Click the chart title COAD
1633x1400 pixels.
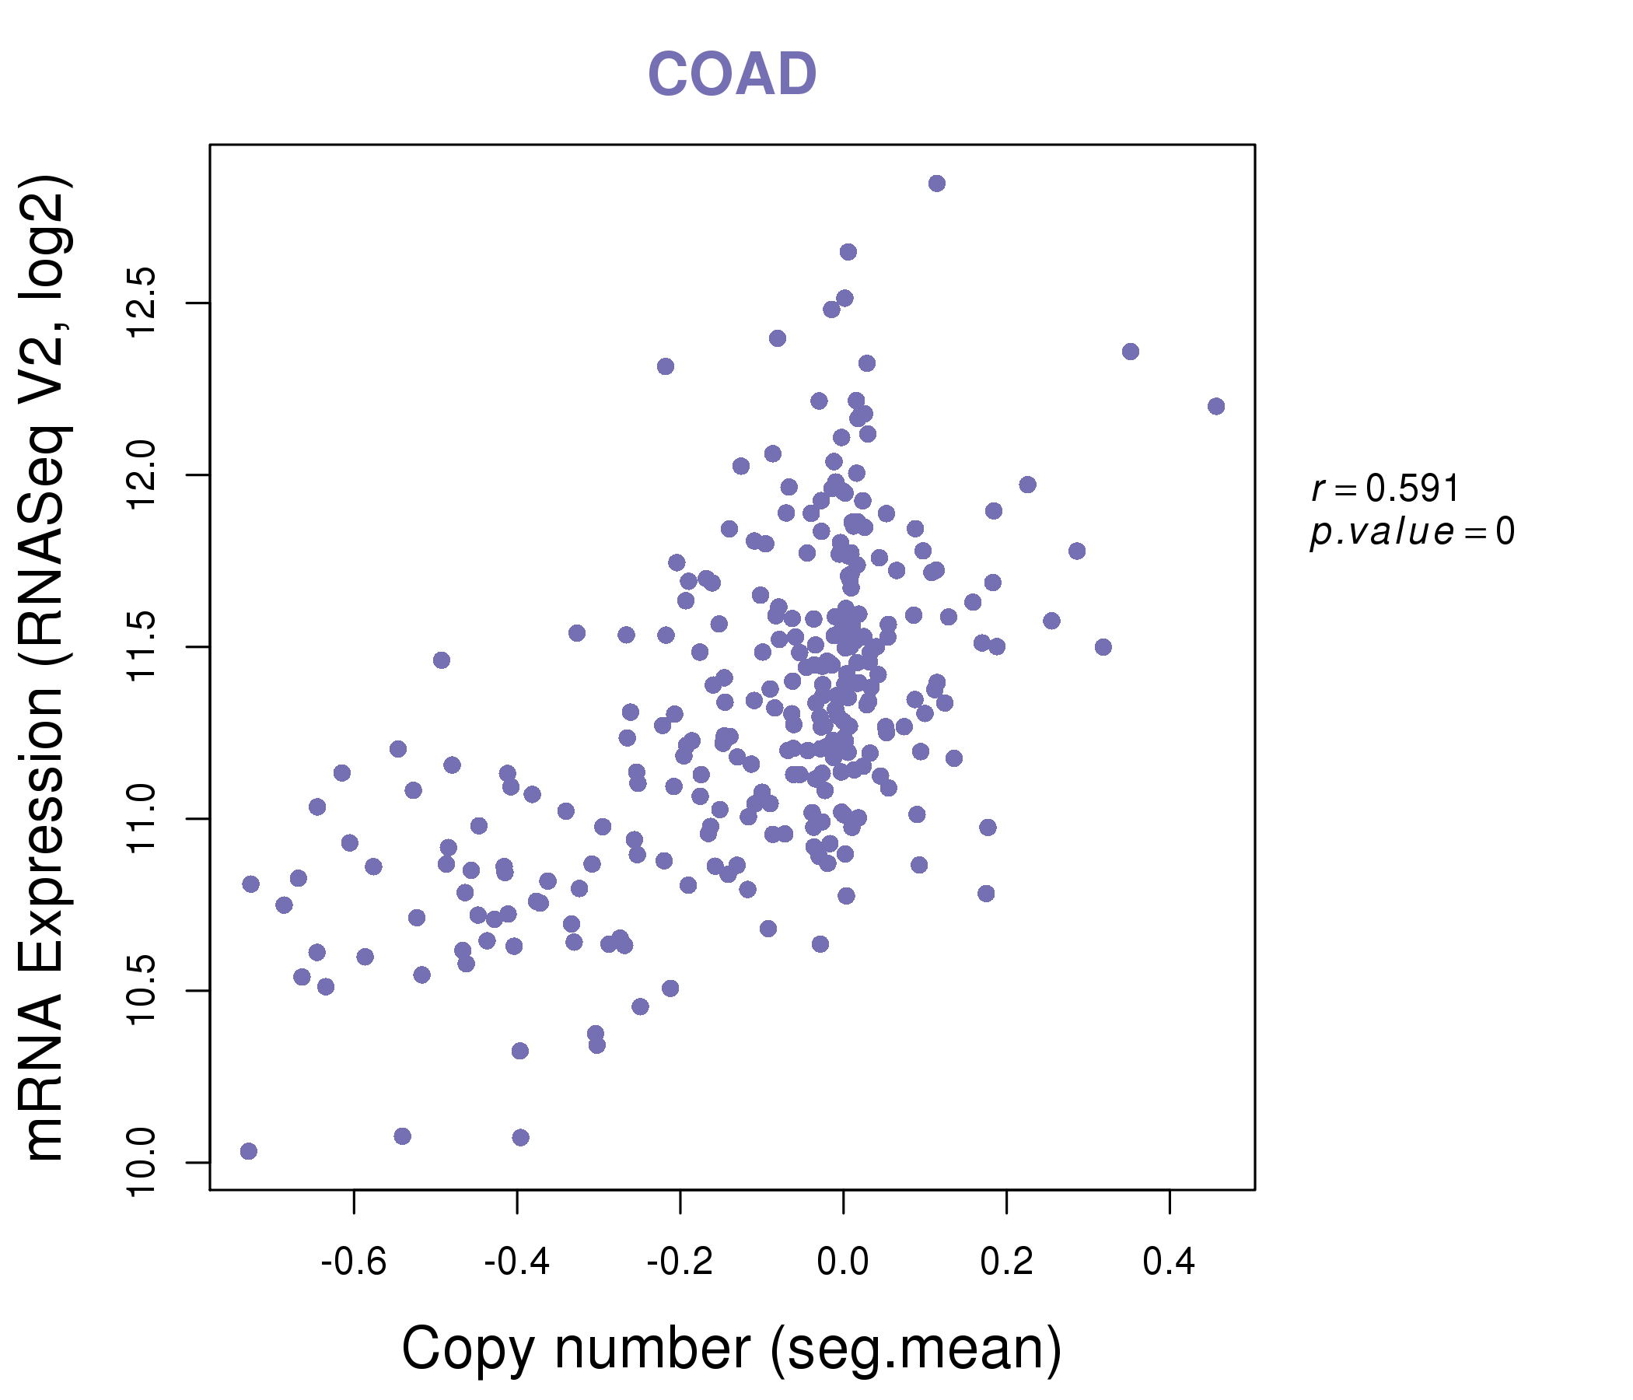(732, 75)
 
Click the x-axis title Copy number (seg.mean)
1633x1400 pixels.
(732, 1349)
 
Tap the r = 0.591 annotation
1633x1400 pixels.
(1385, 488)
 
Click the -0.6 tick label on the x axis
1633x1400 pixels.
(353, 1262)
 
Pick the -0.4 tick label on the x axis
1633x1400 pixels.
(516, 1262)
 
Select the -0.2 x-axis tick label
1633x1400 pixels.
(680, 1262)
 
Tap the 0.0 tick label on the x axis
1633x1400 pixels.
(842, 1262)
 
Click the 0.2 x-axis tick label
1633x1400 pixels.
(1005, 1262)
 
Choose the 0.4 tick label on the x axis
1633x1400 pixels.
(1169, 1262)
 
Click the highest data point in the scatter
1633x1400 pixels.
(936, 184)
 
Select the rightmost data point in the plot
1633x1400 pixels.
(1215, 406)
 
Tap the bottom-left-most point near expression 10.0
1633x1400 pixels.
(248, 1151)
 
